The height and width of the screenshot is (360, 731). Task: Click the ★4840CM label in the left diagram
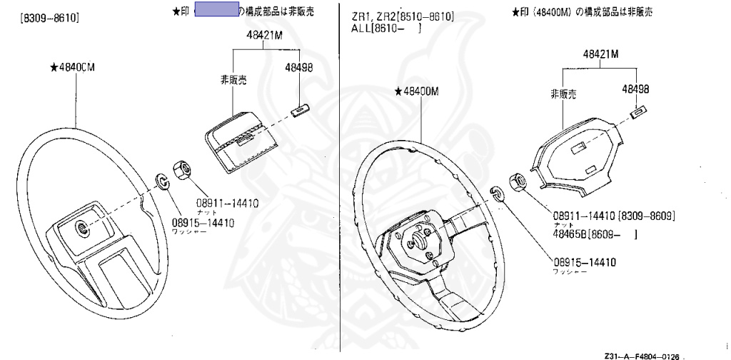[74, 67]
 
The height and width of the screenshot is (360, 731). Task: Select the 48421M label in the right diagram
[600, 54]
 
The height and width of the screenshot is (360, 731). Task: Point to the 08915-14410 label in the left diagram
[203, 222]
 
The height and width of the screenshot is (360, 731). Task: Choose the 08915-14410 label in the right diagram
[584, 262]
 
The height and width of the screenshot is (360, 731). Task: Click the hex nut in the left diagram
[181, 171]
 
